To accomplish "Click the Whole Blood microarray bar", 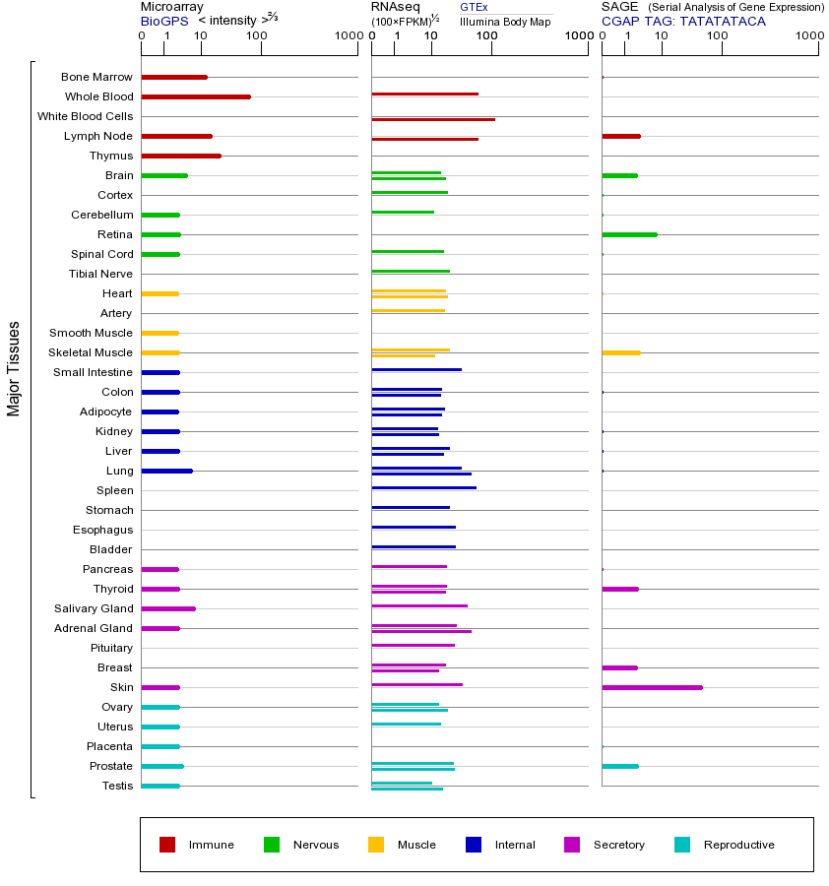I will (x=196, y=96).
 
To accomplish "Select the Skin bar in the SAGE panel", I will (x=652, y=687).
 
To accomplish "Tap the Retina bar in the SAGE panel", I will (x=629, y=234).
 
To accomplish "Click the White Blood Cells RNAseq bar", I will (x=433, y=119).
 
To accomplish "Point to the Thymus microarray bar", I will (x=181, y=156).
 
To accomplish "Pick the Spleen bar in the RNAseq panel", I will (x=423, y=487).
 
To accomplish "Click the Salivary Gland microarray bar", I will (x=168, y=608).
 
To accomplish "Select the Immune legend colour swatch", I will (x=167, y=845).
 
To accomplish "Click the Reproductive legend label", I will (x=738, y=845).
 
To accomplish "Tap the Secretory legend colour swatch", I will (x=572, y=845).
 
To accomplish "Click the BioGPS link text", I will (x=163, y=21).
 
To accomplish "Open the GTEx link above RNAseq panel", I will (x=474, y=7).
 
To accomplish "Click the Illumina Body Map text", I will (x=505, y=21).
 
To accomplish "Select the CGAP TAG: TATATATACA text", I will (x=683, y=21).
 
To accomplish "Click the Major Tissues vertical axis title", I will (x=14, y=367).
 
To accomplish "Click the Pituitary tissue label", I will (x=111, y=648).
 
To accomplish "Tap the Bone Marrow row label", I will (x=96, y=77).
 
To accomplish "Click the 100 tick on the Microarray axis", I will (x=256, y=36).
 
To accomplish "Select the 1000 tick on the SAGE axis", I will (x=808, y=36).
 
